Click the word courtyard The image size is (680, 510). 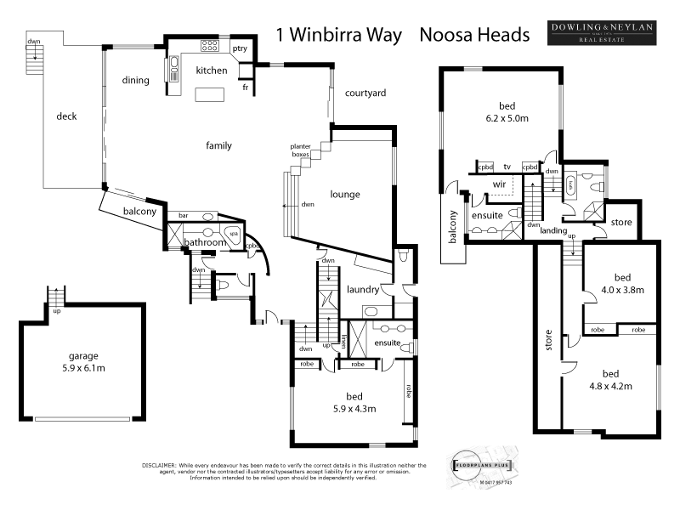click(365, 93)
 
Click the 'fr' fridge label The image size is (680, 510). click(245, 87)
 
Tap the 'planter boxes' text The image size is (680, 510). click(300, 152)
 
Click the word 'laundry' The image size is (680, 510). click(363, 291)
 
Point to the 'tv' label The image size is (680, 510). click(507, 167)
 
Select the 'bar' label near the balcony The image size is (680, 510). click(183, 216)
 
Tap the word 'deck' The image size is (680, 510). click(66, 116)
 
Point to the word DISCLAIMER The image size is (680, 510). click(158, 466)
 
